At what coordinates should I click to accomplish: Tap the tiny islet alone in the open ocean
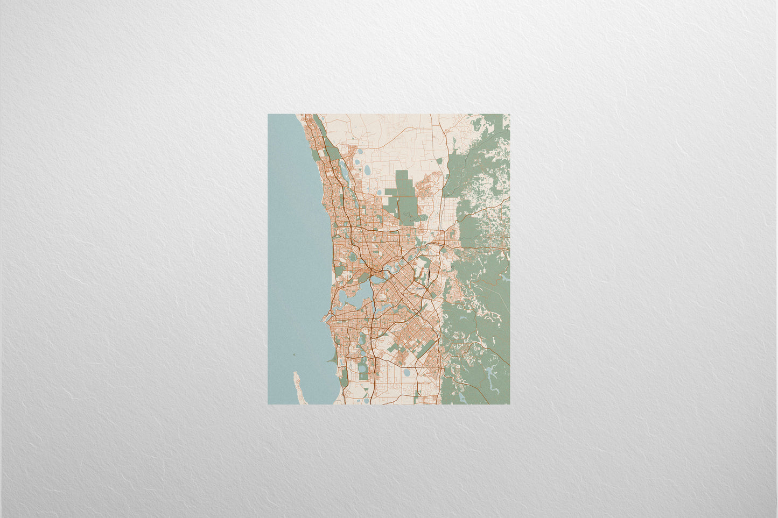coord(295,354)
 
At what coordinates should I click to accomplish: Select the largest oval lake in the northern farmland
coord(367,171)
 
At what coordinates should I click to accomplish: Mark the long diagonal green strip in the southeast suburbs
coord(428,349)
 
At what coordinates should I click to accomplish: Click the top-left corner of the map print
coord(268,114)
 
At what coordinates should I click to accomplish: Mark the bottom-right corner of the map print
coord(509,404)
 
